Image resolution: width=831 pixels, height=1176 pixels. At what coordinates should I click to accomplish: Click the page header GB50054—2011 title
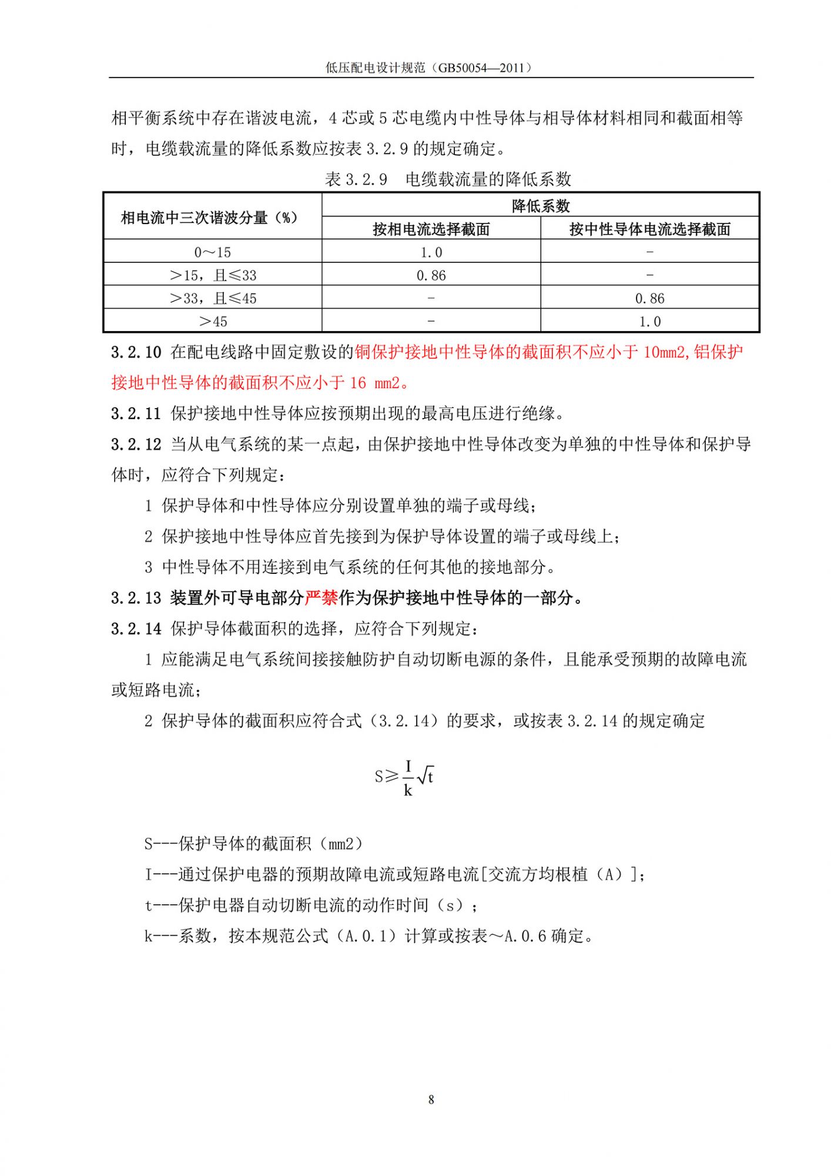coord(430,68)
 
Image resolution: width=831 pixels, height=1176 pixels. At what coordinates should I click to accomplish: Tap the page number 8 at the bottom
coord(431,1100)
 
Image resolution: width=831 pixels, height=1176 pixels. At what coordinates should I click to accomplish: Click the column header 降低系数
coord(540,206)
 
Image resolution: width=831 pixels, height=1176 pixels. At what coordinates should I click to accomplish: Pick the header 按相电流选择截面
coord(431,229)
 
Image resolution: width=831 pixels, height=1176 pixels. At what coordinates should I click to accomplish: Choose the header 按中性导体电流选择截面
coord(649,229)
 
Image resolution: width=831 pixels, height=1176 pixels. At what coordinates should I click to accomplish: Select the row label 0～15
coord(212,252)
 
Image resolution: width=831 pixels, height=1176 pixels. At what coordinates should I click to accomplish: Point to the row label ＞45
coord(212,322)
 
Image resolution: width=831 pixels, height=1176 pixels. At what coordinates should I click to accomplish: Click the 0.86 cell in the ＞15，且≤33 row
coord(431,275)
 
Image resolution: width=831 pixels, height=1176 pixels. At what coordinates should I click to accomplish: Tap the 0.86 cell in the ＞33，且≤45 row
coord(649,298)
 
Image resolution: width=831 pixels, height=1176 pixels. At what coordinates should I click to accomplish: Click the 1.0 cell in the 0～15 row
coord(431,252)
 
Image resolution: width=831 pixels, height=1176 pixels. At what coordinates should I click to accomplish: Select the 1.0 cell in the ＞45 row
coord(649,322)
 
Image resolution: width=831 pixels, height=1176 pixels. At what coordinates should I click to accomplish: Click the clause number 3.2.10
coord(136,352)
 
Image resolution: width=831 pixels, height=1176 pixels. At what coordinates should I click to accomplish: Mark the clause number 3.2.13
coord(136,598)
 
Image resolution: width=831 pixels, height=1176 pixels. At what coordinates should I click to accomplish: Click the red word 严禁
coord(321,598)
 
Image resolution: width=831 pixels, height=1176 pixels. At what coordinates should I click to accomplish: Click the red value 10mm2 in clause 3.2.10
coord(665,352)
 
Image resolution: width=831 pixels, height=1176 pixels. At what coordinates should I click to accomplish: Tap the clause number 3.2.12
coord(136,445)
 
